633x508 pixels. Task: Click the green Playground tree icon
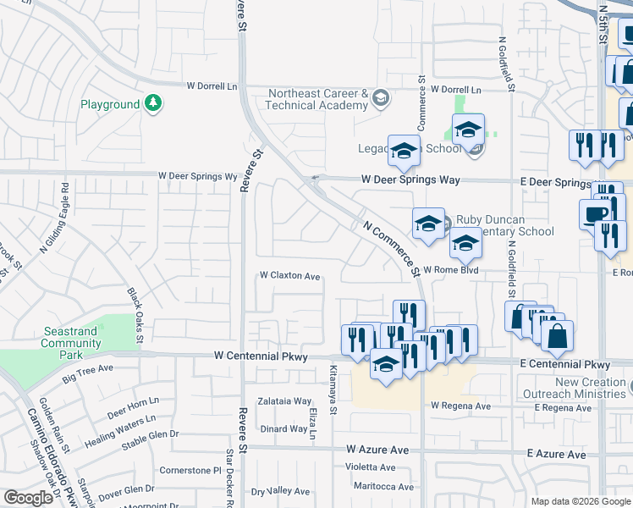153,104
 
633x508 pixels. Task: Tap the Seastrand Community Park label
70,337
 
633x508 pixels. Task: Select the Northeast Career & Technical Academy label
316,99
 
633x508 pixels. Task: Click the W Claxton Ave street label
289,276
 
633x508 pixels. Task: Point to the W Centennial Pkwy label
258,356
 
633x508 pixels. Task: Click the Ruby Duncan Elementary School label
504,225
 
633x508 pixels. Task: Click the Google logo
28,498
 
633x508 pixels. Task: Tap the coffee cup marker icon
594,213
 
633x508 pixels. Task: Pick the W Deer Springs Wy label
196,177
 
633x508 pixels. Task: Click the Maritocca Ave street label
383,487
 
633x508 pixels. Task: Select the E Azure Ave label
556,455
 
